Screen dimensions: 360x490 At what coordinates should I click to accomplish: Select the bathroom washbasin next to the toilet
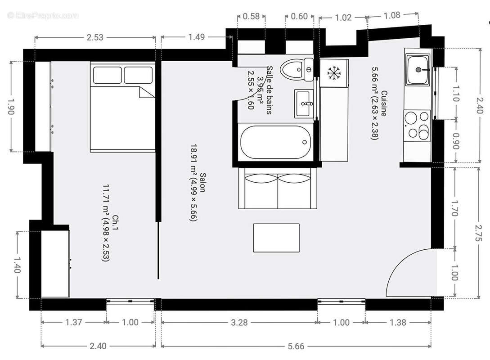point(305,103)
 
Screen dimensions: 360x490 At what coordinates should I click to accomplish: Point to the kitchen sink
point(418,70)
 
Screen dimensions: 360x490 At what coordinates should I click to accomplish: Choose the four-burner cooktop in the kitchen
point(417,125)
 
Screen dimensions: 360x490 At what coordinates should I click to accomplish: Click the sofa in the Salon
point(278,188)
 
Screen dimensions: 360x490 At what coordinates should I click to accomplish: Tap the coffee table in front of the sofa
point(276,238)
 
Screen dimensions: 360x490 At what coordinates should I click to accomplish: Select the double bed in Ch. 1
point(122,107)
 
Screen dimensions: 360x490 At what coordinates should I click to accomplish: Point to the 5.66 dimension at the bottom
point(296,346)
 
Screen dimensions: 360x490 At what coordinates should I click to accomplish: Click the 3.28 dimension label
point(239,322)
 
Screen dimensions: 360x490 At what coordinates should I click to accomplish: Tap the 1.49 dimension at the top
point(197,37)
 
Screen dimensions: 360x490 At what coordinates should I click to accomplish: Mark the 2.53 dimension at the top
point(95,37)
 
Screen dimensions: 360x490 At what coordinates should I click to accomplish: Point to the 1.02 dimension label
point(343,18)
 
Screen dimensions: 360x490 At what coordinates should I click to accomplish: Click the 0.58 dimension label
point(251,17)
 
